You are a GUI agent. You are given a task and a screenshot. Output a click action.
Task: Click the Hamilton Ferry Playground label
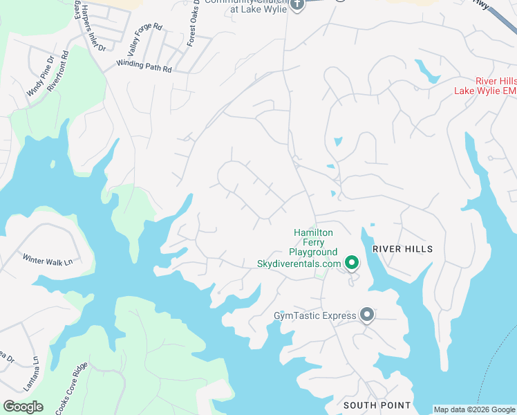pos(313,242)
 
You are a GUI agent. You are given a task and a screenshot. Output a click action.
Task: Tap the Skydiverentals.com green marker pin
pos(352,263)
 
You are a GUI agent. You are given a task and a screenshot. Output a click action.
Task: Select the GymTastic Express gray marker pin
pos(367,315)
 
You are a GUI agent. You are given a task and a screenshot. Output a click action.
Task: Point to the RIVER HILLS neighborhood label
pos(402,249)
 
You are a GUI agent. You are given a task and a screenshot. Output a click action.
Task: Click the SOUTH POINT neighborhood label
pos(377,405)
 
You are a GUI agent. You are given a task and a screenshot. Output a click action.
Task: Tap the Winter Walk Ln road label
pos(47,261)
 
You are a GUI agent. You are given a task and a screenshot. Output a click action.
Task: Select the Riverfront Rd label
pos(59,71)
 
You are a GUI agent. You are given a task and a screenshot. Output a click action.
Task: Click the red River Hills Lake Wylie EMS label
pos(485,86)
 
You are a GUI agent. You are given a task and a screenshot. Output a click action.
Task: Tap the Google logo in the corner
pos(23,407)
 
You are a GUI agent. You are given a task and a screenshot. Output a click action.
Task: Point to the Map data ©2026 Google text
pos(474,409)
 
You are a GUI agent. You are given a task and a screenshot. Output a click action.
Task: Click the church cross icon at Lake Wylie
pos(297,5)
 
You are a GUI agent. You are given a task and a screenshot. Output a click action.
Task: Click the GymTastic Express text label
pos(314,316)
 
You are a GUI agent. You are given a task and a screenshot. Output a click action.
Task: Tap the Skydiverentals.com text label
pos(299,264)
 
